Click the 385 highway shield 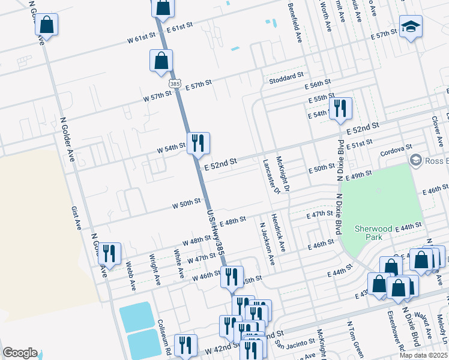point(175,85)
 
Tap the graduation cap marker point(411,27)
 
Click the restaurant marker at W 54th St point(198,144)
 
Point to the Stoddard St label point(287,77)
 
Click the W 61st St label point(142,38)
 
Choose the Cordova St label point(397,147)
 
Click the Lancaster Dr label point(268,176)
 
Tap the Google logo point(20,353)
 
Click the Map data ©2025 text point(422,355)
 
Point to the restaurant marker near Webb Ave point(109,254)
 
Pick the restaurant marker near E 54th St point(340,109)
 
